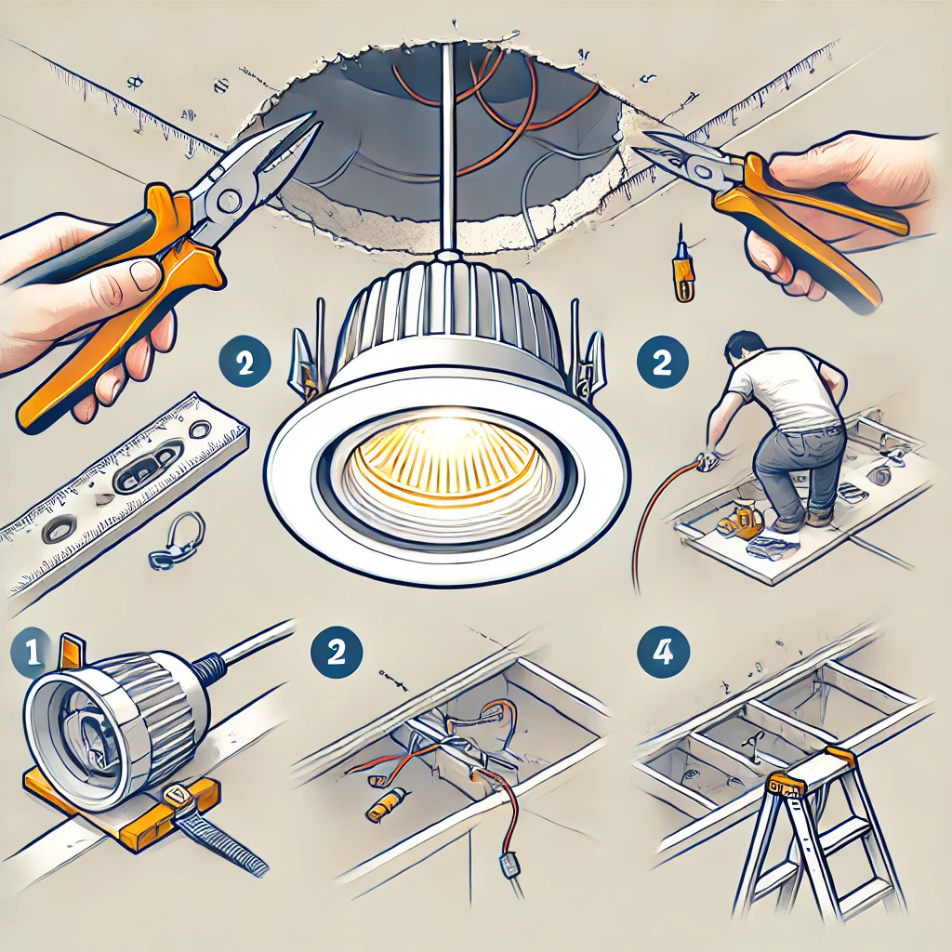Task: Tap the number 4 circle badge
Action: pyautogui.click(x=662, y=654)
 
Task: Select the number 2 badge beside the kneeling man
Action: pyautogui.click(x=662, y=363)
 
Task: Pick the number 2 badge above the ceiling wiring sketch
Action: pyautogui.click(x=337, y=652)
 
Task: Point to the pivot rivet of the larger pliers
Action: pyautogui.click(x=229, y=200)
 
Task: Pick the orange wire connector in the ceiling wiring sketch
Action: pyautogui.click(x=386, y=802)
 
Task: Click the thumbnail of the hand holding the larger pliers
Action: pyautogui.click(x=143, y=274)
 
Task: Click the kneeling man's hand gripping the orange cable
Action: pyautogui.click(x=707, y=460)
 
